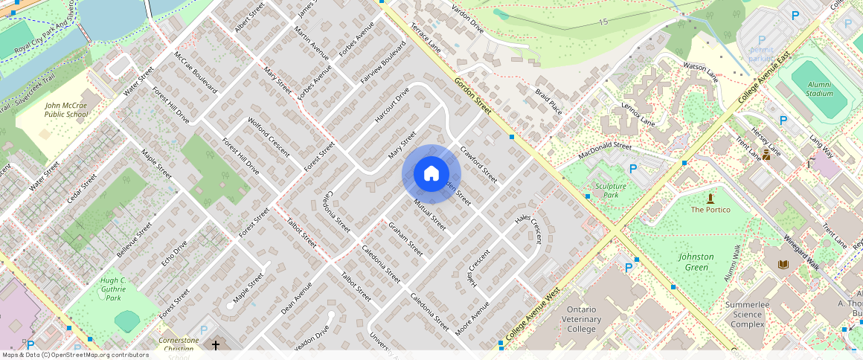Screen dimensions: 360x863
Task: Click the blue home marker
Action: pyautogui.click(x=431, y=174)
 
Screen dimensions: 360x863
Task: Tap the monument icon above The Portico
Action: pyautogui.click(x=710, y=199)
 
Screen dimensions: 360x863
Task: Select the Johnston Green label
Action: pyautogui.click(x=696, y=262)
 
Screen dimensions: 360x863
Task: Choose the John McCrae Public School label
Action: pyautogui.click(x=65, y=111)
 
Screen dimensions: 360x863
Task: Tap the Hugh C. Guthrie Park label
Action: pyautogui.click(x=113, y=289)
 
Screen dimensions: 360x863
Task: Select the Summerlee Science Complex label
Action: pyautogui.click(x=747, y=315)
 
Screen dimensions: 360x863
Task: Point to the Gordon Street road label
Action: pyautogui.click(x=473, y=97)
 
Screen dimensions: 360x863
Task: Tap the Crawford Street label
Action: pyautogui.click(x=478, y=164)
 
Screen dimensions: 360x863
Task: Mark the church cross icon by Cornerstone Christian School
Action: pyautogui.click(x=216, y=345)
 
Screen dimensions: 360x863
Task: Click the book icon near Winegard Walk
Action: pyautogui.click(x=782, y=265)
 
